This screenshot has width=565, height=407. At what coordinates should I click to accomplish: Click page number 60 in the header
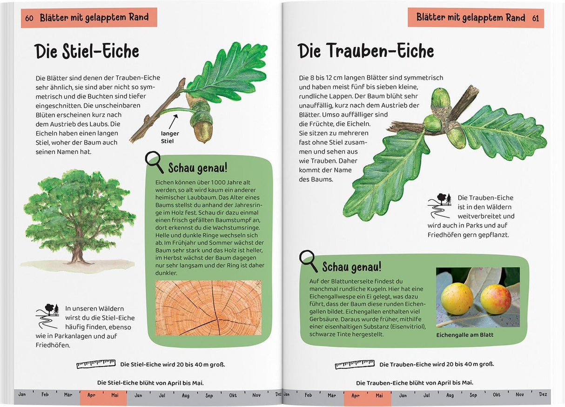pos(29,18)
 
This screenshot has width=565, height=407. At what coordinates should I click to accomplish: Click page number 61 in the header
pos(535,18)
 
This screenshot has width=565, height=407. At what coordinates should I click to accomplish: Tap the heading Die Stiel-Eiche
pos(87,51)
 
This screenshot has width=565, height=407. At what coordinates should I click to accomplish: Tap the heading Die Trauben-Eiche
pos(365,51)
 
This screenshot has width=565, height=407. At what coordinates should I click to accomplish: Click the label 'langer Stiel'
pos(170,137)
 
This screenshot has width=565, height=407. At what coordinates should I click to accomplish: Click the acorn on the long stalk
pos(203,127)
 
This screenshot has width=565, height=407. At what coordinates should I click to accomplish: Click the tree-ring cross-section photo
pos(208,307)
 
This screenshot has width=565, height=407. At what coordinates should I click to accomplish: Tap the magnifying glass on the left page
pos(154,162)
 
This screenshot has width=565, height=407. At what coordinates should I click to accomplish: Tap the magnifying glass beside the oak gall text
pos(308,260)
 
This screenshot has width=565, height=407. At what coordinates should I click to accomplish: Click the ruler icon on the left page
pos(96,364)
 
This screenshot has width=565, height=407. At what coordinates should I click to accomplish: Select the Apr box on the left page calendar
pos(92,395)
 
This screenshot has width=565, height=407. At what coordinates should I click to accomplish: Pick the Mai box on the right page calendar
pos(379,395)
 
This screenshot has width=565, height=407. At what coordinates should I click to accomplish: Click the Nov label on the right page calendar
pos(520,394)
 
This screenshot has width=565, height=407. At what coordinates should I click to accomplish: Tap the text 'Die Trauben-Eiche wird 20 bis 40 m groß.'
pos(436,364)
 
